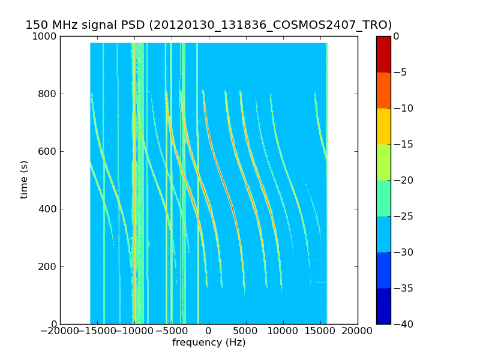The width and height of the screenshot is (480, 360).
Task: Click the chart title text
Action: coord(208,25)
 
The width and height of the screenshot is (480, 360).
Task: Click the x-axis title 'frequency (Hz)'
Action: coord(209,343)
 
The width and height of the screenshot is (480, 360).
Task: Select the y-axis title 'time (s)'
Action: coord(24,179)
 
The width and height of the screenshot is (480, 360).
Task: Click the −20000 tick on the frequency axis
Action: coord(60,331)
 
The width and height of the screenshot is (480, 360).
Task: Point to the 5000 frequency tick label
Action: coord(245,331)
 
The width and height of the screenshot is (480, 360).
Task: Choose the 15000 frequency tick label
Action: coord(320,331)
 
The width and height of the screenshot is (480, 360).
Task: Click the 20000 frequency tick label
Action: coord(357,331)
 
